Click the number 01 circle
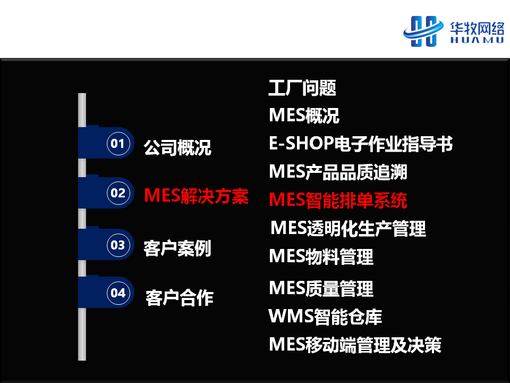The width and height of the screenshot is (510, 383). point(118,143)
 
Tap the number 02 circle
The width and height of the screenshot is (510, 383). point(118,193)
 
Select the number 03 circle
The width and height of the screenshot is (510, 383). point(118,245)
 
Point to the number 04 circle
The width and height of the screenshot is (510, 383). point(118,293)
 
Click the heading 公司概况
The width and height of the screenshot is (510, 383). point(177,147)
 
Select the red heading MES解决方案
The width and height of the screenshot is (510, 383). point(196,196)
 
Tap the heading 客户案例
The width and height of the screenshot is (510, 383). point(177,248)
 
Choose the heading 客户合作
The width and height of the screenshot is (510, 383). point(180,298)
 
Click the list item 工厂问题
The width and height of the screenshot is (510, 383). point(302,88)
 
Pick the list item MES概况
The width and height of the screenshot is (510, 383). point(304,115)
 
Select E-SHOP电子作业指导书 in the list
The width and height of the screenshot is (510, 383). point(361,144)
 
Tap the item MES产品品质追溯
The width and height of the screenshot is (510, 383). point(338,172)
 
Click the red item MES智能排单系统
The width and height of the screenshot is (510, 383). point(338,200)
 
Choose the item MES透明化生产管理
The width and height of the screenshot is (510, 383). point(348,228)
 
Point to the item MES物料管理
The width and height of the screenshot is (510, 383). point(321,256)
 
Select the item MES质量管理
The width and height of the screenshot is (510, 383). point(321,288)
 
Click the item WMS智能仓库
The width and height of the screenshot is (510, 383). point(325,317)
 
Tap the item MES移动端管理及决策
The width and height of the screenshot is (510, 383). point(355,345)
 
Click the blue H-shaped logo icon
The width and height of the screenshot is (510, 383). point(423,31)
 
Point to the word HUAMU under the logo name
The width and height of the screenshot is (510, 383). point(477,40)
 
